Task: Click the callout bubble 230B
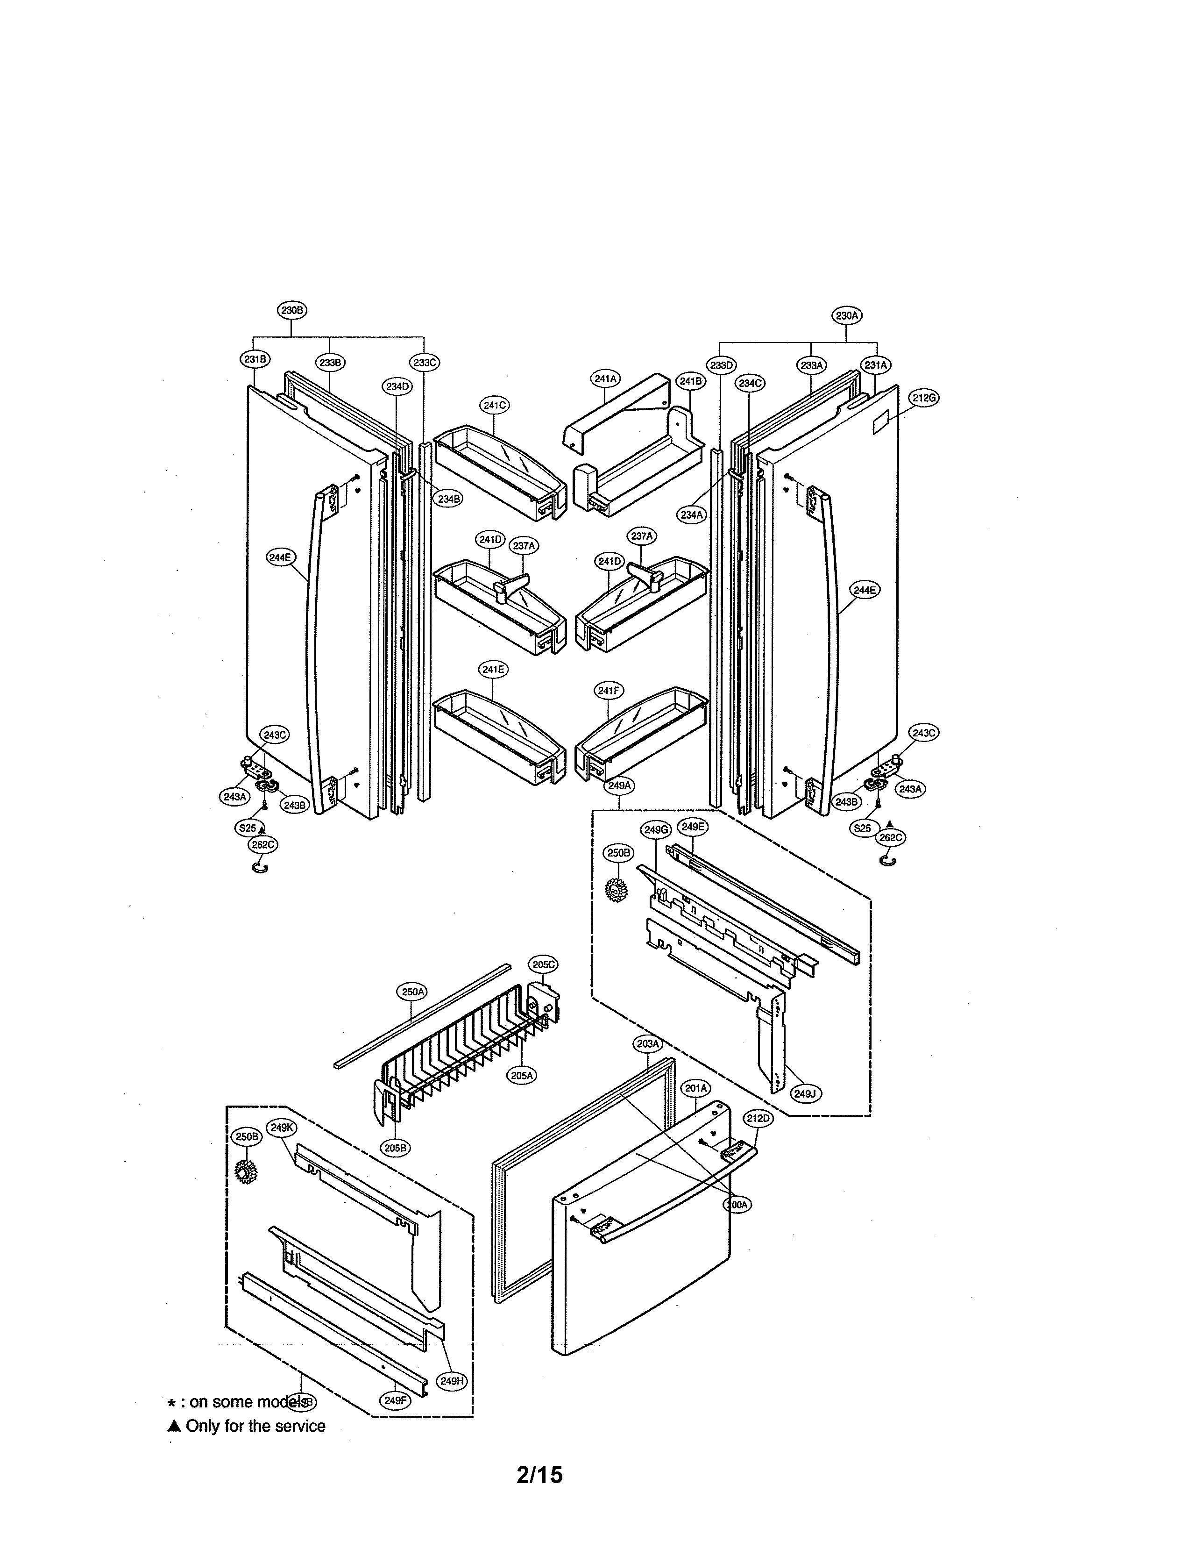292,310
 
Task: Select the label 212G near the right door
923,398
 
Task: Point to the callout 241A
605,379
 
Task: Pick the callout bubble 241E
493,669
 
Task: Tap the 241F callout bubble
609,691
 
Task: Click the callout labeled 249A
619,785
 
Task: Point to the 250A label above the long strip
413,992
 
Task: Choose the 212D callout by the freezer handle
759,1118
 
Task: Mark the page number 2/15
540,1474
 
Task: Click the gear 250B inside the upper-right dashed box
617,892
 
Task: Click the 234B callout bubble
447,499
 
